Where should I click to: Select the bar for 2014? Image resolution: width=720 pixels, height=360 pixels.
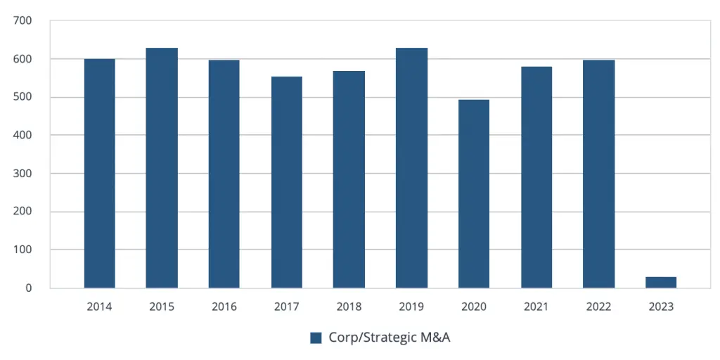[x=99, y=173]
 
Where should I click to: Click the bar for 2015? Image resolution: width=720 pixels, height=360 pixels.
[x=162, y=168]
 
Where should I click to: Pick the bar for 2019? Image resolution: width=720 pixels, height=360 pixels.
[x=411, y=168]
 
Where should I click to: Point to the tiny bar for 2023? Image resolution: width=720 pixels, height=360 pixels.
[x=661, y=282]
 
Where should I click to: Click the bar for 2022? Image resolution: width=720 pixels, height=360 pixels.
[x=598, y=174]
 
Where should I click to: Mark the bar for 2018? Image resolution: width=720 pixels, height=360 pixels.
[x=349, y=179]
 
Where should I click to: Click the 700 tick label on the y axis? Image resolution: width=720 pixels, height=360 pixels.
[x=22, y=21]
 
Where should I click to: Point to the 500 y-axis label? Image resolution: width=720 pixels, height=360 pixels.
[x=22, y=97]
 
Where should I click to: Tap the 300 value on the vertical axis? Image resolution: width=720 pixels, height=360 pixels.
[x=22, y=174]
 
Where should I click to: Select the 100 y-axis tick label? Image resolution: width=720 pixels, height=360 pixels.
[x=22, y=250]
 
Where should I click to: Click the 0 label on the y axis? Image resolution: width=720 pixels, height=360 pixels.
[x=28, y=288]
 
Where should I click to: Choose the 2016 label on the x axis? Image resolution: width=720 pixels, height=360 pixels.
[x=224, y=307]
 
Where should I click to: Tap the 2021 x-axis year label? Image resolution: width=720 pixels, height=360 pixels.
[x=536, y=307]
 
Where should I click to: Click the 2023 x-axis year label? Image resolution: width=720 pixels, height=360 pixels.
[x=661, y=307]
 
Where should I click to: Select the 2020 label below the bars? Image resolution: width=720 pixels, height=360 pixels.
[x=474, y=307]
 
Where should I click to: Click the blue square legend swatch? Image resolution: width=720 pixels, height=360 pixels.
[x=316, y=337]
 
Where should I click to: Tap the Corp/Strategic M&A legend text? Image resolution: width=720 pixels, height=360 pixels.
[x=389, y=337]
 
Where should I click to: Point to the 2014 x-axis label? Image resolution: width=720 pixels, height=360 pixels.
[x=99, y=307]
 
